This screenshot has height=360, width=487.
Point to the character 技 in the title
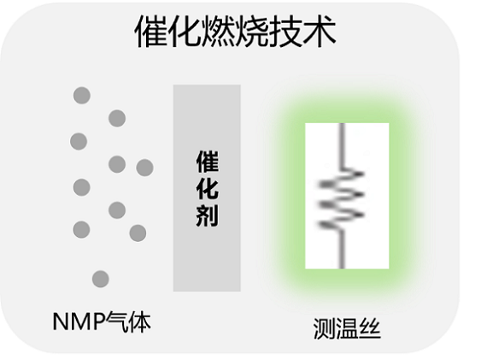[x=285, y=31]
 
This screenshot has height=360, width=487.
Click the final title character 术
[x=320, y=31]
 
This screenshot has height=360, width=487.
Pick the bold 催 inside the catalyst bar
[x=208, y=162]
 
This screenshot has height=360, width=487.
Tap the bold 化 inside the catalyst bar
[x=208, y=188]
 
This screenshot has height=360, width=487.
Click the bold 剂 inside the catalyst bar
[x=208, y=215]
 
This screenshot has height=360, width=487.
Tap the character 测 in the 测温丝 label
[x=325, y=328]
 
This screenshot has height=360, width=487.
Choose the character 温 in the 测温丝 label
[x=347, y=328]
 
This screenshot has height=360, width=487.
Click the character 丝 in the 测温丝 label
[x=370, y=328]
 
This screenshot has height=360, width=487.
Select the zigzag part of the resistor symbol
[x=342, y=199]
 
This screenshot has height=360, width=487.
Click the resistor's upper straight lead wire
[x=342, y=146]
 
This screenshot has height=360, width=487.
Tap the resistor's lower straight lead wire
[x=342, y=249]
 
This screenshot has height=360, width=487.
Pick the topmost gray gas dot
[x=82, y=96]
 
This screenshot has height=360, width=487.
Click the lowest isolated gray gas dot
[x=101, y=279]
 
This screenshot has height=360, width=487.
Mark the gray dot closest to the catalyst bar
[x=144, y=168]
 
